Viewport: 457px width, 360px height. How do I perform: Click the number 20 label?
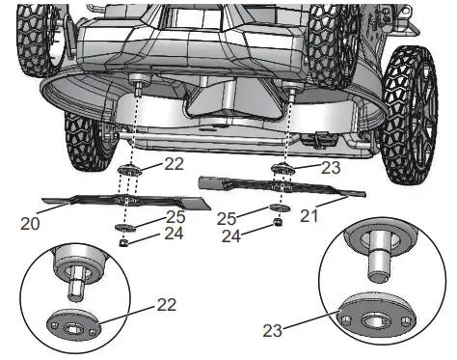pos(30,223)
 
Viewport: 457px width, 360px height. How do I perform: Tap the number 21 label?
pos(309,215)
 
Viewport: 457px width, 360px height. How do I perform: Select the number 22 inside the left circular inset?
pos(167,304)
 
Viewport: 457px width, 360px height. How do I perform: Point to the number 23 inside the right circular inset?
pos(273,330)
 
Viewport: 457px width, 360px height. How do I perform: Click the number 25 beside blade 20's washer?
pos(175,217)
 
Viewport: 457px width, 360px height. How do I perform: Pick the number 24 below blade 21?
pos(231,236)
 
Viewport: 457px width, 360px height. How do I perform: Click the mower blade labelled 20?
pos(126,201)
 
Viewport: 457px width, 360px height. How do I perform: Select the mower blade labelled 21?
pos(282,186)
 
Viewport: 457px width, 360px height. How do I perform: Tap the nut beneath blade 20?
pos(122,243)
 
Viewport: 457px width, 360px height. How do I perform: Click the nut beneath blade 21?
pos(278,222)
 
